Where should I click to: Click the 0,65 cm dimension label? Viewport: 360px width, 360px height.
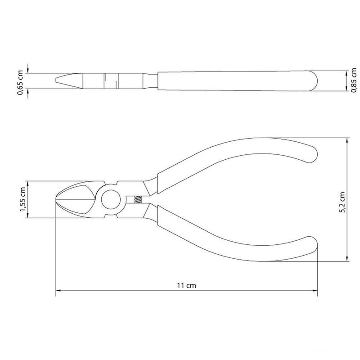click(20, 81)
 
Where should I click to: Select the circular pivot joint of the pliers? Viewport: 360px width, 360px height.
click(110, 199)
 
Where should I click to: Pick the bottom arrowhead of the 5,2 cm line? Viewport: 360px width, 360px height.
click(347, 259)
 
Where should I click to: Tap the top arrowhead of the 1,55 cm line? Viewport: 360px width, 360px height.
click(28, 183)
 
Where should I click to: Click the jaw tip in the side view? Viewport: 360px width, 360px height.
click(56, 81)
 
